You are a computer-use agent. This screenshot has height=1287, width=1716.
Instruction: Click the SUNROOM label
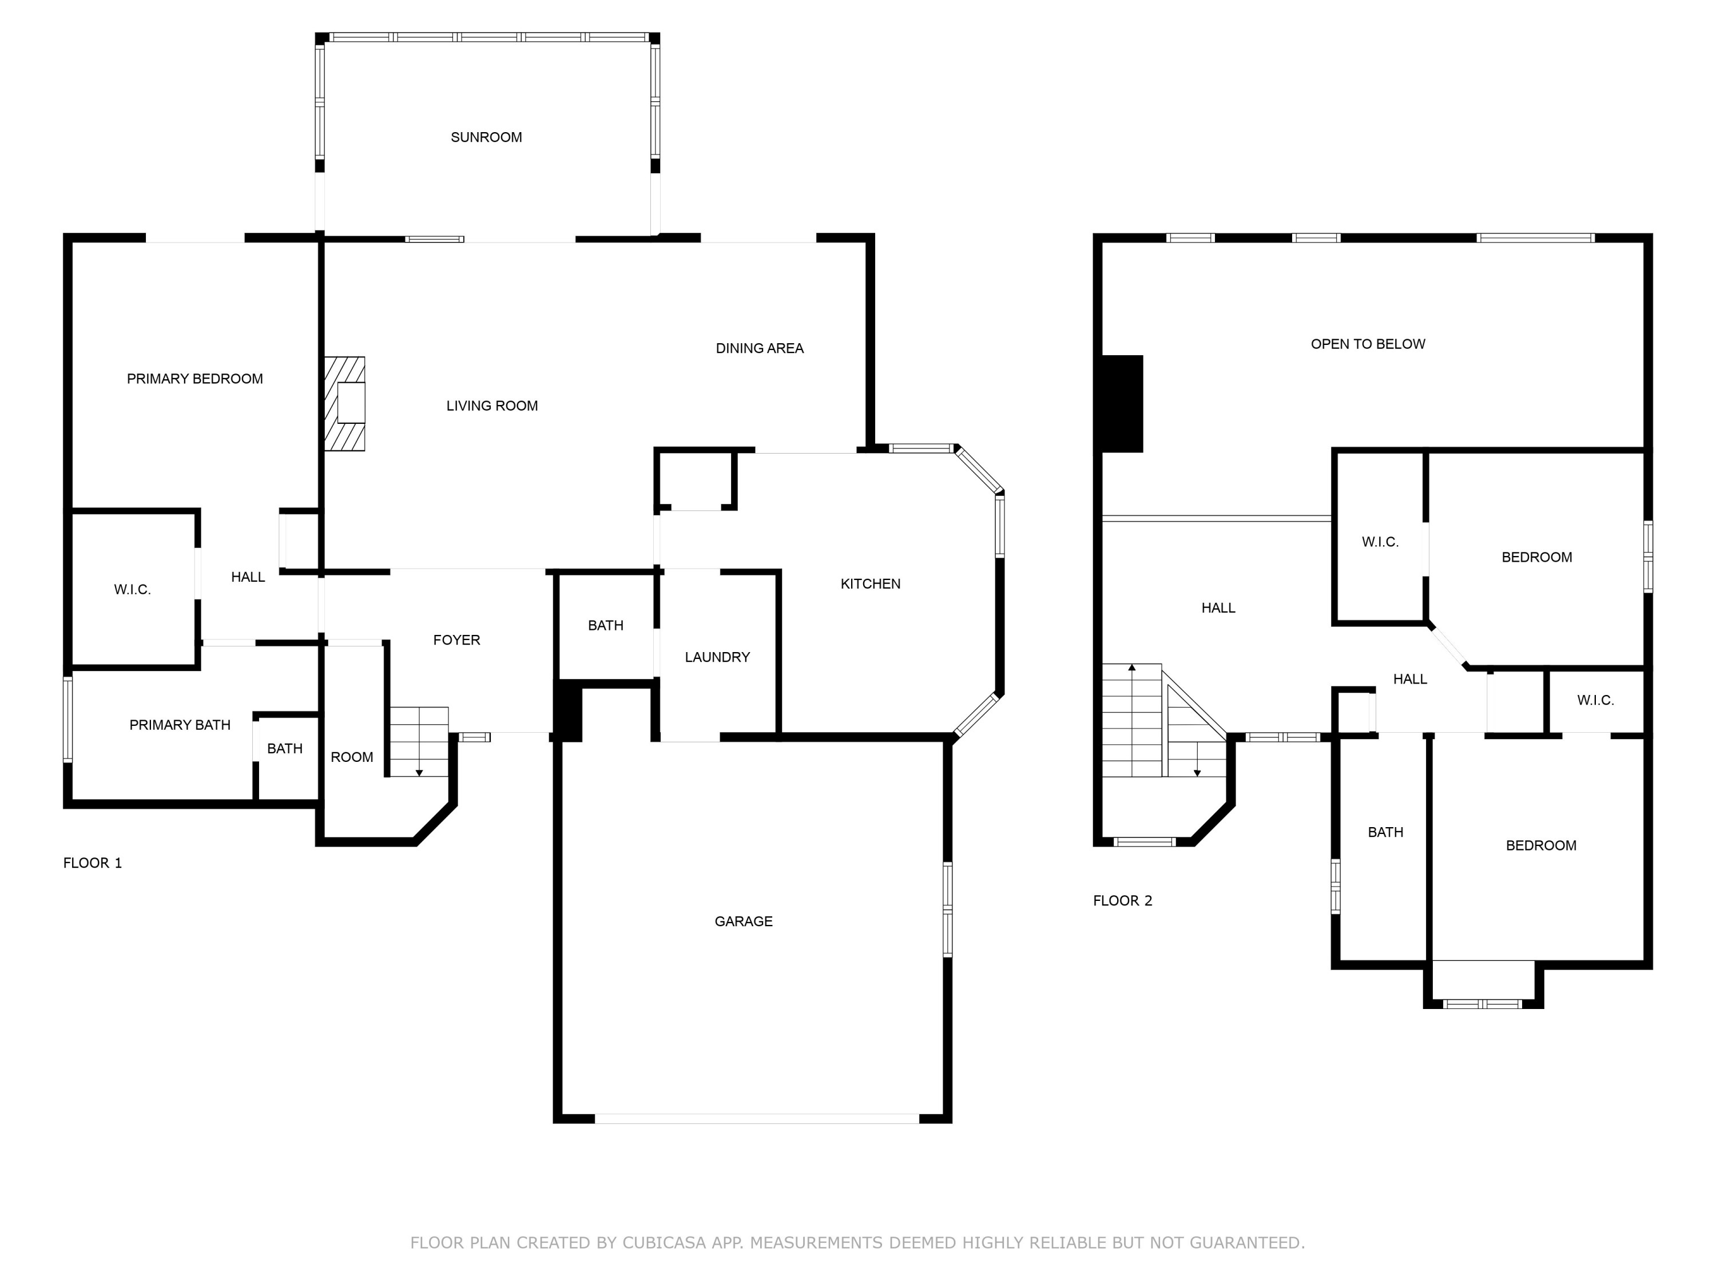tap(486, 137)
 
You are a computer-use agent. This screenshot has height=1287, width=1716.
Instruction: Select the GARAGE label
tap(743, 921)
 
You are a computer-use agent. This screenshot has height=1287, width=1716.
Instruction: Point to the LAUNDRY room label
tap(717, 657)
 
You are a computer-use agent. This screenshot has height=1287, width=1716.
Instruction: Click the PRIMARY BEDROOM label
tap(194, 379)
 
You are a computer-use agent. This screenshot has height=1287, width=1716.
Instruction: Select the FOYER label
tap(456, 640)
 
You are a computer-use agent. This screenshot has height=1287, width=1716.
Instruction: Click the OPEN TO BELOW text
tap(1367, 344)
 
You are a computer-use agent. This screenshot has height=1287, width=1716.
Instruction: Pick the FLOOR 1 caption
tap(92, 863)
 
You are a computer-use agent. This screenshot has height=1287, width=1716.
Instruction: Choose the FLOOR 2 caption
tap(1122, 901)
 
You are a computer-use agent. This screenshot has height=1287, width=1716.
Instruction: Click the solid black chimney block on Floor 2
tap(1122, 403)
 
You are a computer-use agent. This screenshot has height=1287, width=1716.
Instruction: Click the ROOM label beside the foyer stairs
tap(351, 757)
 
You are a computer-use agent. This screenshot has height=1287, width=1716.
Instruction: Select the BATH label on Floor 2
tap(1385, 832)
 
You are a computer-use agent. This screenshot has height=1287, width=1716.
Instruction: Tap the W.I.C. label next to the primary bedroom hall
tap(132, 590)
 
